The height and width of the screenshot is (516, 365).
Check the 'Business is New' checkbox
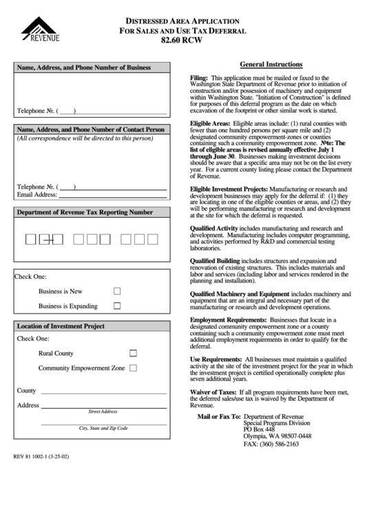tap(117, 291)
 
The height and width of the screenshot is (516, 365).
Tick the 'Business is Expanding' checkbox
tap(117, 306)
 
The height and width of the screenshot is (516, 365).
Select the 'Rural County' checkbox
tap(134, 353)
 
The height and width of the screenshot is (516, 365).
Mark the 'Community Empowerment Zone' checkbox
tap(134, 368)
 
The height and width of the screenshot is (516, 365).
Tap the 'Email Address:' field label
tap(36, 195)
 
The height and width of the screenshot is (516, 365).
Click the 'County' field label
tap(27, 391)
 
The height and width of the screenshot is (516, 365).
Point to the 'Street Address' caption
tap(103, 411)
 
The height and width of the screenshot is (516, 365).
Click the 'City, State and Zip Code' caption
tap(103, 428)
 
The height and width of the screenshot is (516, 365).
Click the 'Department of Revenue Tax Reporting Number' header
tap(84, 213)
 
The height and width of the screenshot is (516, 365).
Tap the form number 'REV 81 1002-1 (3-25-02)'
tap(45, 456)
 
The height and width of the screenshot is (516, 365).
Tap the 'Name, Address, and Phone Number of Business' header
tap(83, 68)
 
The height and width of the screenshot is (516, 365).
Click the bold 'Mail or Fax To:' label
tap(219, 417)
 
